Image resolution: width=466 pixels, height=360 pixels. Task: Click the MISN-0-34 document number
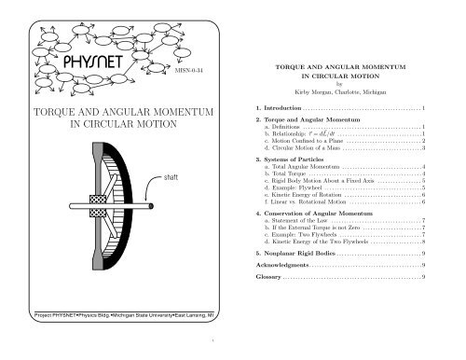189,68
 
